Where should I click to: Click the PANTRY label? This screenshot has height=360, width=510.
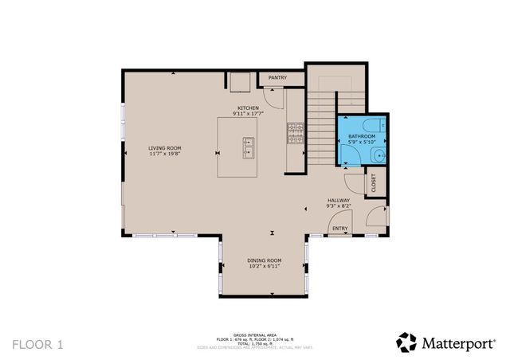(x=277, y=78)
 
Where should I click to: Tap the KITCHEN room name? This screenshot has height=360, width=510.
(x=248, y=108)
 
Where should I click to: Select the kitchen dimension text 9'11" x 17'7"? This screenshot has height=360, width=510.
(x=248, y=114)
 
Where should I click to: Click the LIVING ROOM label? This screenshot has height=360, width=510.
(x=164, y=147)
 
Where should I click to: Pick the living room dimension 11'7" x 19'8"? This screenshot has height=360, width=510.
(x=164, y=154)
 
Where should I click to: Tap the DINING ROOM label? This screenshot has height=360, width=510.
(x=264, y=260)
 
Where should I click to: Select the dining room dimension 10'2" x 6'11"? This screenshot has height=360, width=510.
(x=264, y=267)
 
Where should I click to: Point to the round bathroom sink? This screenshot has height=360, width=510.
(x=380, y=155)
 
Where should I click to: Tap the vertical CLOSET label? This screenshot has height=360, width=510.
(x=374, y=183)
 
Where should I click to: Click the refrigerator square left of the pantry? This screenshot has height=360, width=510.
(x=241, y=80)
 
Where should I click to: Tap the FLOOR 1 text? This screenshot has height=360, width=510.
(x=37, y=344)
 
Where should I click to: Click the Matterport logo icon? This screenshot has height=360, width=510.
(x=406, y=342)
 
